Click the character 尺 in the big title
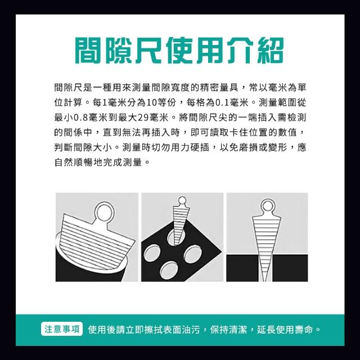(150, 51)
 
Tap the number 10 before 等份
(151, 102)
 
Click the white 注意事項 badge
(62, 329)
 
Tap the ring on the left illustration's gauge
(105, 213)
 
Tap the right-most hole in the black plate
(192, 253)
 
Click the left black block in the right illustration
(243, 268)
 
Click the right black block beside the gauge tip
(290, 268)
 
